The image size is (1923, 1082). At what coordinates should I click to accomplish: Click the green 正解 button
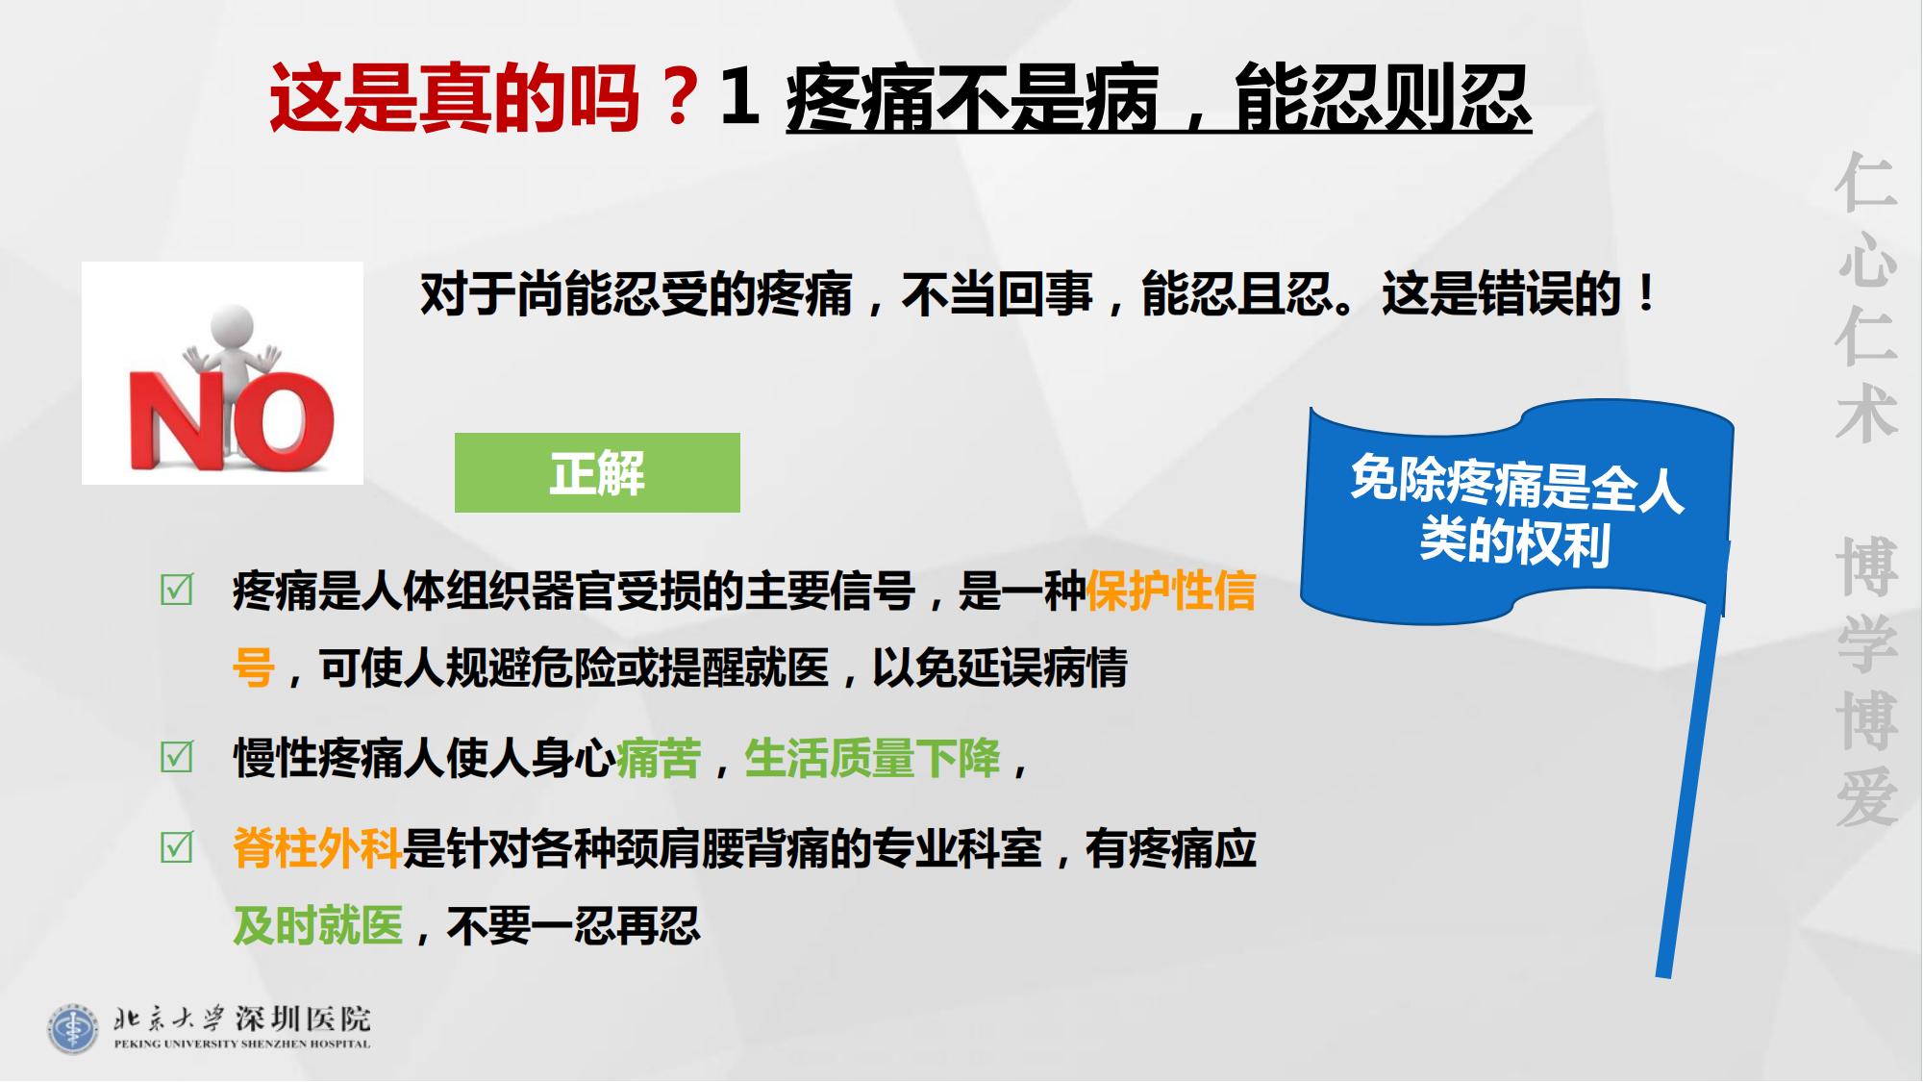pyautogui.click(x=597, y=472)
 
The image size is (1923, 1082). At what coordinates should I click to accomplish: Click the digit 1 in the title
pyautogui.click(x=740, y=97)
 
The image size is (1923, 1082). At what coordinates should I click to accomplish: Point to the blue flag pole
pyautogui.click(x=1690, y=789)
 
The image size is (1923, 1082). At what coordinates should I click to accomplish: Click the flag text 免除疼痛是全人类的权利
pyautogui.click(x=1516, y=510)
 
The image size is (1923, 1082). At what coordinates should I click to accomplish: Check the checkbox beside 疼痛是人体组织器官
pyautogui.click(x=177, y=590)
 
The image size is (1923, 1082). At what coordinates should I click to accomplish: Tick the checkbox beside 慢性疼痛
pyautogui.click(x=177, y=757)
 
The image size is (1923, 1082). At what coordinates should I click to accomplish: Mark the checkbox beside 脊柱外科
pyautogui.click(x=177, y=847)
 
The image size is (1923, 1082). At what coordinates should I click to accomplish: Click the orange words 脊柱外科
pyautogui.click(x=317, y=848)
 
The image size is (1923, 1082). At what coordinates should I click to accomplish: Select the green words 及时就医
pyautogui.click(x=318, y=925)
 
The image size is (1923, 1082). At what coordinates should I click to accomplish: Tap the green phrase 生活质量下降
pyautogui.click(x=872, y=758)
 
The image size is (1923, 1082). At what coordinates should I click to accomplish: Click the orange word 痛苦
pyautogui.click(x=659, y=758)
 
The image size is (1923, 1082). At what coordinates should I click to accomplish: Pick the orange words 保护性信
pyautogui.click(x=1171, y=591)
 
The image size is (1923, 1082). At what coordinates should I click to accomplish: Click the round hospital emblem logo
pyautogui.click(x=73, y=1028)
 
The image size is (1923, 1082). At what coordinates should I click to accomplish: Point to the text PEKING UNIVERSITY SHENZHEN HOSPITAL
pyautogui.click(x=241, y=1044)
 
